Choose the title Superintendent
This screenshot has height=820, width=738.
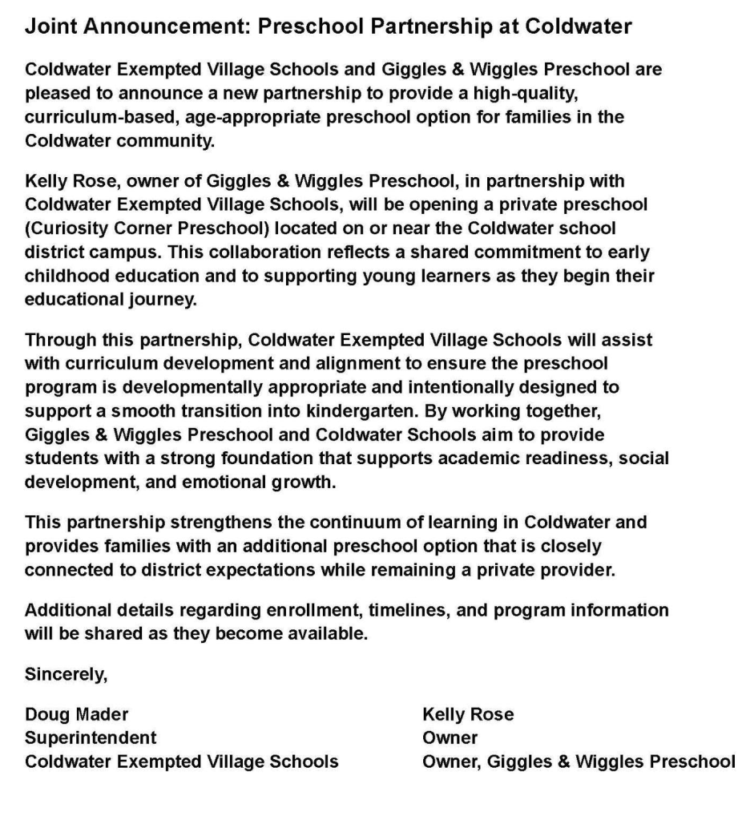pos(91,737)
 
